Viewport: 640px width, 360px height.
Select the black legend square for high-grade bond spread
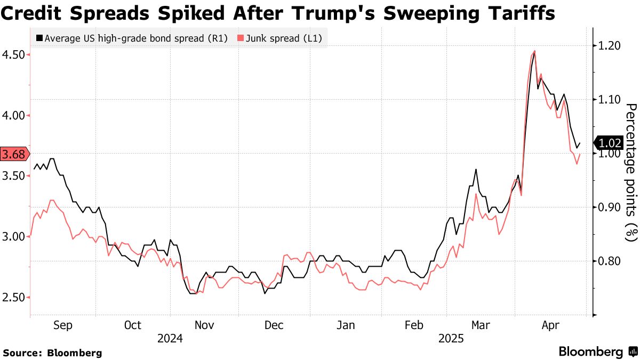click(x=39, y=38)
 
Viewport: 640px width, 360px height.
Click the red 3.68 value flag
click(x=13, y=155)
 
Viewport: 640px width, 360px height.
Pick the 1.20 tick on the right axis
click(x=608, y=46)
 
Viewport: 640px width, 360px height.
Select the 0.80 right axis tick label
click(x=608, y=261)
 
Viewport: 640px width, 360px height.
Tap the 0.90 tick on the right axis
click(x=608, y=207)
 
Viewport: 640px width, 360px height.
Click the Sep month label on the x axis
click(x=62, y=325)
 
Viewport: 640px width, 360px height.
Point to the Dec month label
click(x=274, y=325)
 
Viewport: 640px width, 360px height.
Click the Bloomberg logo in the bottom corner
click(x=597, y=351)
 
